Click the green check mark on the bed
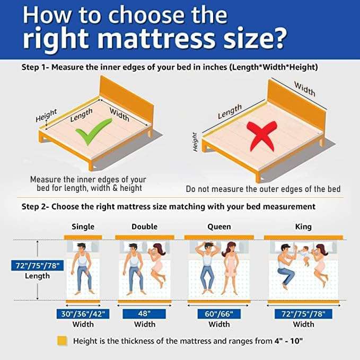tap(93, 131)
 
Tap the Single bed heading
tap(83, 226)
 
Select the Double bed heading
tap(144, 226)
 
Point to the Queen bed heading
tap(219, 226)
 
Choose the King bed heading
tap(303, 226)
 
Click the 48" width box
tap(144, 313)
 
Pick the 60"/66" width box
tap(219, 313)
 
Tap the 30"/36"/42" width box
tap(83, 313)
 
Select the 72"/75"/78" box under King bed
tap(303, 313)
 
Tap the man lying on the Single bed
tap(82, 268)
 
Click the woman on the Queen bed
tap(231, 265)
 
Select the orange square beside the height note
tap(63, 341)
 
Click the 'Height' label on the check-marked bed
tap(46, 116)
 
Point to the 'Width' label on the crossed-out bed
tap(304, 89)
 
